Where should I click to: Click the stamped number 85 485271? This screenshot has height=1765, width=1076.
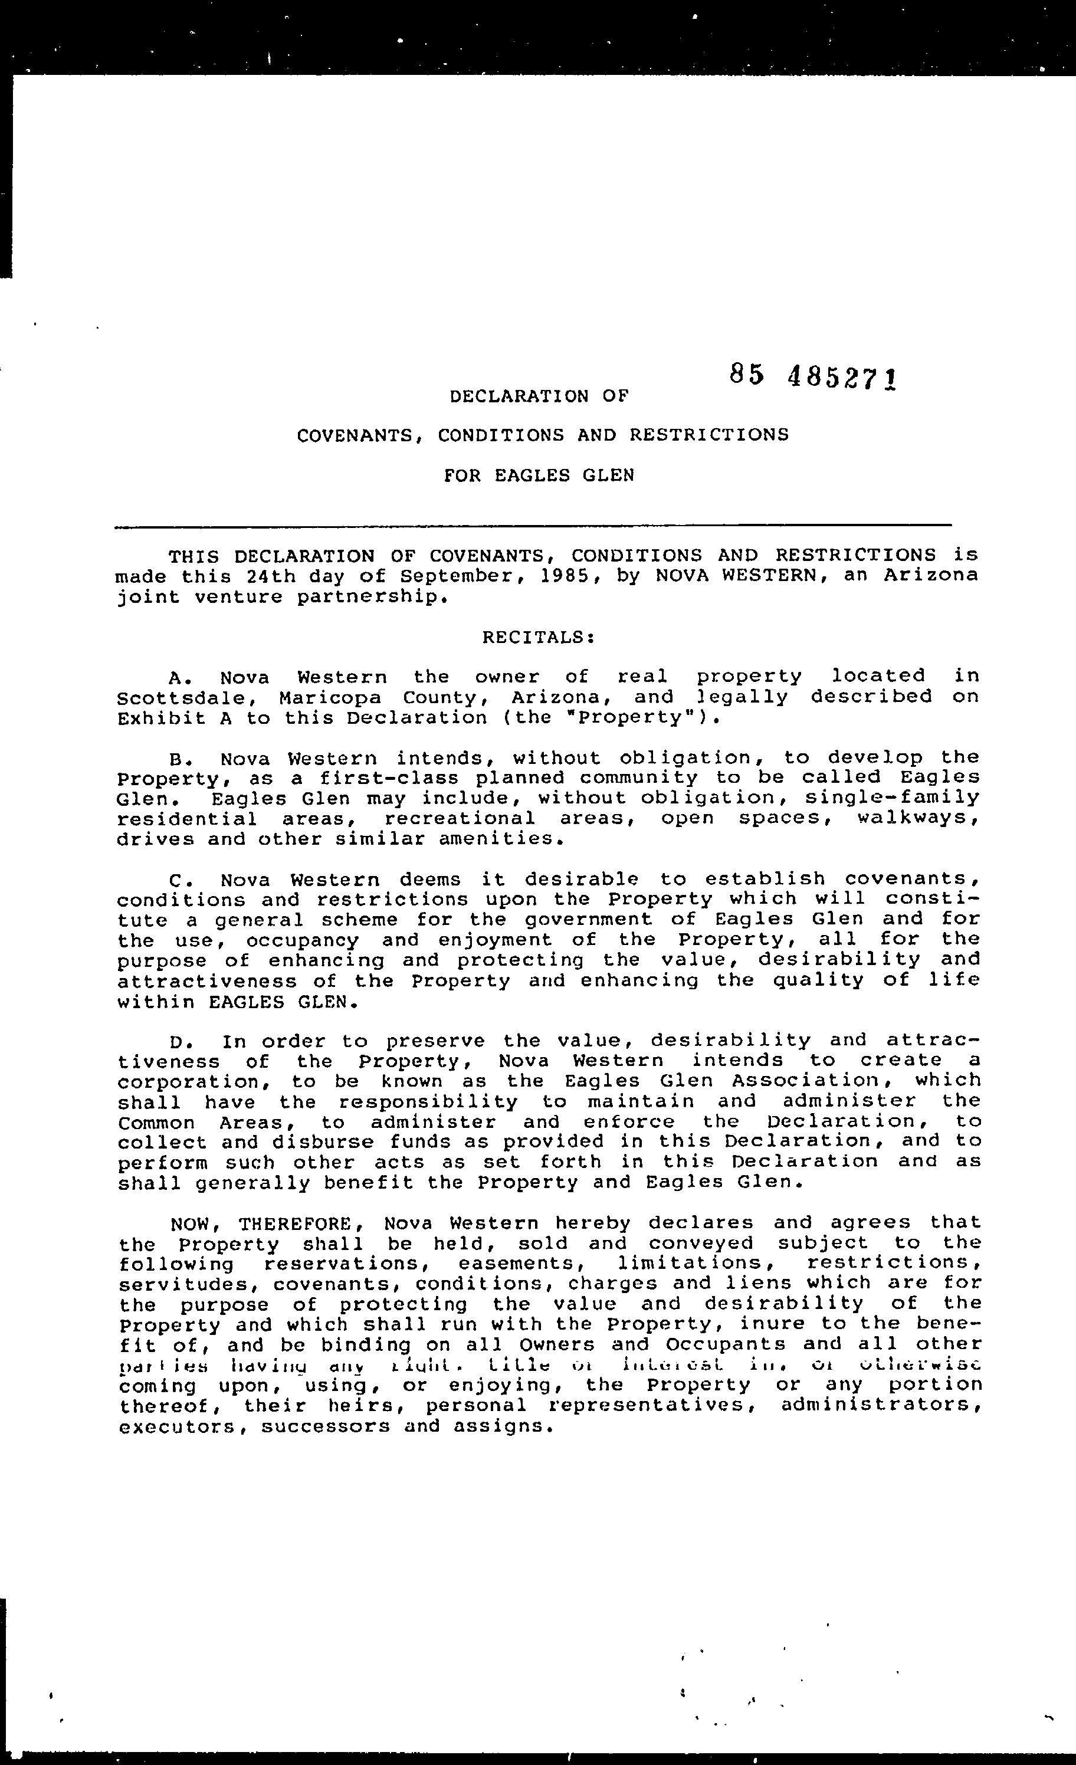[x=812, y=377]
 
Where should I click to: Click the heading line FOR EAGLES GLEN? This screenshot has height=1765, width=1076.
[x=539, y=475]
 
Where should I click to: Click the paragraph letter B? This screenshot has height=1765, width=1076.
[x=178, y=758]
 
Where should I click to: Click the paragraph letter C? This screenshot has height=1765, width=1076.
[x=178, y=879]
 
